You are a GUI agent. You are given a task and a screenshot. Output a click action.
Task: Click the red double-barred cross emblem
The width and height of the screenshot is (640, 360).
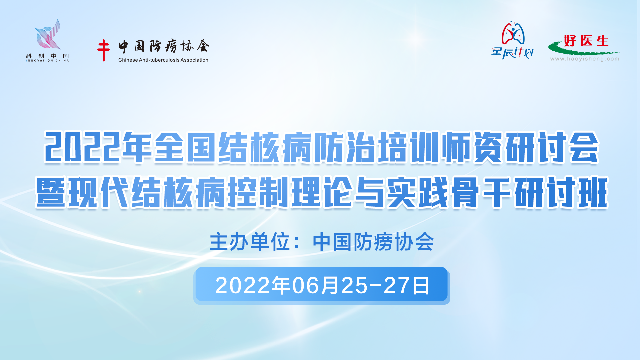tap(104, 50)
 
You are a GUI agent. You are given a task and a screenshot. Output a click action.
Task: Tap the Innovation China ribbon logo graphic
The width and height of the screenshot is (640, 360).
tap(48, 34)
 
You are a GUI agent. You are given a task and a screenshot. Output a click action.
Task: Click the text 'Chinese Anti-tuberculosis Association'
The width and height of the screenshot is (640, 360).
tap(163, 60)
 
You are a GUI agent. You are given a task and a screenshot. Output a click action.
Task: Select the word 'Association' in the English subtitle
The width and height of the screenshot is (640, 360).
tap(194, 60)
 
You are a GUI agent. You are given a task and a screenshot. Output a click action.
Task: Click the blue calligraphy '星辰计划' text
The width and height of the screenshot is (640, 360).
tap(512, 53)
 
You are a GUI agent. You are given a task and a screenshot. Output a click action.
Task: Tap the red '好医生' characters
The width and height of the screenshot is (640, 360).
tap(586, 41)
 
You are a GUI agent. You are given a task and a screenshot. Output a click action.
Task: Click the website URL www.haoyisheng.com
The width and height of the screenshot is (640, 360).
tap(585, 59)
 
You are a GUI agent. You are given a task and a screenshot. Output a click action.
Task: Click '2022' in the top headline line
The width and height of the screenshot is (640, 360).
tap(82, 147)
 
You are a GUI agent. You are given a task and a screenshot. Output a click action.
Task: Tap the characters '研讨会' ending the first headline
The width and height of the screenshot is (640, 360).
tap(552, 147)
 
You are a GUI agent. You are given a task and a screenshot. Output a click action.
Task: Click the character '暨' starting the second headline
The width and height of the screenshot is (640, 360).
tap(51, 192)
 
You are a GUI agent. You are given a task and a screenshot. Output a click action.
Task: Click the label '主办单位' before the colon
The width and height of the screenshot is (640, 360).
tap(250, 242)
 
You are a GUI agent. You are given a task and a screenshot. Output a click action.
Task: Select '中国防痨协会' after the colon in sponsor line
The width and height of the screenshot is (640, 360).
tap(373, 242)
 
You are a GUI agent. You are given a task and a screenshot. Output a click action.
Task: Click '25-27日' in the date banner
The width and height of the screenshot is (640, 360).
tap(386, 286)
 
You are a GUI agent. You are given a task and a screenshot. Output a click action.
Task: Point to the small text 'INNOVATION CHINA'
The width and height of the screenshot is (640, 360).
tap(47, 61)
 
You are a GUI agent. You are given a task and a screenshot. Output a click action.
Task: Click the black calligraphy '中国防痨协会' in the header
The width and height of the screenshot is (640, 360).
tap(164, 47)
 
